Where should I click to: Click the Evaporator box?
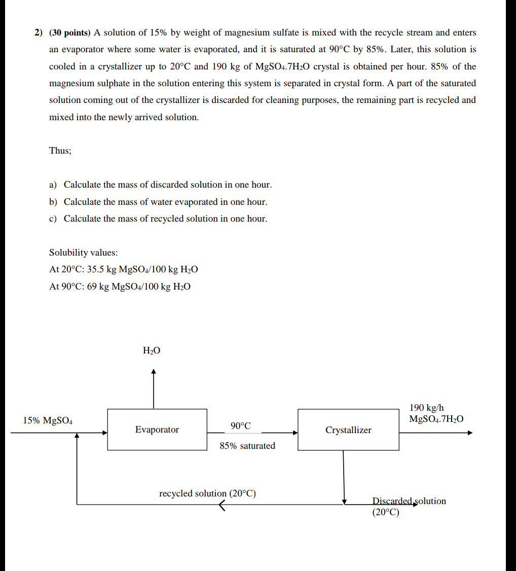(157, 430)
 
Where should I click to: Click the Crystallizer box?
(348, 430)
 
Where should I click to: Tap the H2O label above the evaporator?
(152, 350)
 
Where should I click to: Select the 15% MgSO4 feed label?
(48, 420)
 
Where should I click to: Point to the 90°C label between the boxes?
(240, 426)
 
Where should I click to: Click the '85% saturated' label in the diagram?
(247, 446)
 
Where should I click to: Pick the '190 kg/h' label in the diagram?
(426, 408)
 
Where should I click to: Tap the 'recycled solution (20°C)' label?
(207, 493)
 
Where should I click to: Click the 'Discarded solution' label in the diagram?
(409, 501)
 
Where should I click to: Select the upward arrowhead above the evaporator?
(154, 372)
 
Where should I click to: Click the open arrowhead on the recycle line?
(222, 505)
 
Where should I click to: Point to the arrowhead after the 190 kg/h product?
(470, 433)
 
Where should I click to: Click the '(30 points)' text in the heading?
(69, 33)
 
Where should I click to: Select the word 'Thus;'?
(60, 151)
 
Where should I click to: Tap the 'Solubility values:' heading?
(83, 253)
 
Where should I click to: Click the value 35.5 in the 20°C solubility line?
(96, 269)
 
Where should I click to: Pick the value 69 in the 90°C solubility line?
(92, 287)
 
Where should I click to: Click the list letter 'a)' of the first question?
(53, 185)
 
